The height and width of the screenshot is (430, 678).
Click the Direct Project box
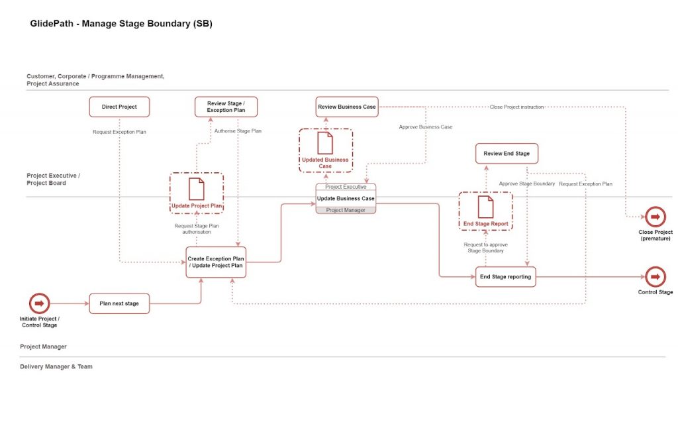click(x=119, y=107)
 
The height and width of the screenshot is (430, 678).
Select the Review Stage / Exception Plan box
click(x=226, y=107)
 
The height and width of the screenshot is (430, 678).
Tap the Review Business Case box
click(x=347, y=107)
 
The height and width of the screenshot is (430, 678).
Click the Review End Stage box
click(x=507, y=154)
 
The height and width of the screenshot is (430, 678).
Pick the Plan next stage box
click(x=119, y=303)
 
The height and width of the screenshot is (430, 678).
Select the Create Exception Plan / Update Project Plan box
click(x=216, y=262)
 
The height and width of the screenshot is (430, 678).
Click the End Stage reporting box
click(x=505, y=276)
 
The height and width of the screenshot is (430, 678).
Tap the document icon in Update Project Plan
click(x=197, y=189)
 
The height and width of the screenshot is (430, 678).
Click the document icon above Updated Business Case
click(x=325, y=143)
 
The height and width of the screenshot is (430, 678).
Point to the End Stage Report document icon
click(x=485, y=207)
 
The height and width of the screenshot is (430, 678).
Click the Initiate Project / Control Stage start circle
click(x=38, y=303)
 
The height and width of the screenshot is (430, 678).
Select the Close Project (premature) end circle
click(x=655, y=217)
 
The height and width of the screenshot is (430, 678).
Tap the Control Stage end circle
click(x=655, y=276)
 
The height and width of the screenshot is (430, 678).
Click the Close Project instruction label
click(x=516, y=107)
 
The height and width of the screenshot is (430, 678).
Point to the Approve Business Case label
click(x=426, y=127)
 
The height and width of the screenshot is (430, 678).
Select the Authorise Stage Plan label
click(x=238, y=131)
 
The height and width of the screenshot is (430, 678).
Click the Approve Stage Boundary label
click(x=527, y=184)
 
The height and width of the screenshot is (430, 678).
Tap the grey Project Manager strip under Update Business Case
click(x=346, y=210)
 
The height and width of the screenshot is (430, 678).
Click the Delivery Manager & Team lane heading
click(x=56, y=366)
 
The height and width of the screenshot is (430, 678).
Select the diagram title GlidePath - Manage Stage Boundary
click(x=121, y=24)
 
